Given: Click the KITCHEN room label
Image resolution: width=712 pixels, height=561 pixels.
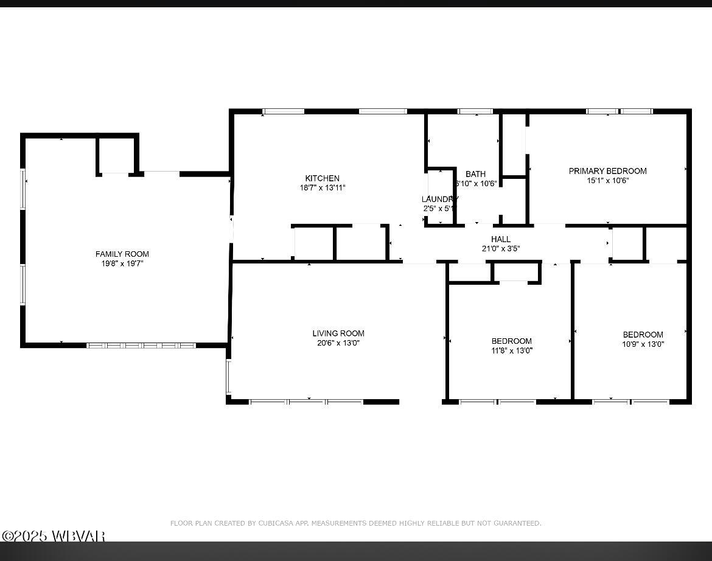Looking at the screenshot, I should click(323, 178).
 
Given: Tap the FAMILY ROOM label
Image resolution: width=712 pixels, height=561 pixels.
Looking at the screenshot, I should click(122, 254).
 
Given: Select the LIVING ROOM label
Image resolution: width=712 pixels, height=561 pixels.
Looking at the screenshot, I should click(338, 333).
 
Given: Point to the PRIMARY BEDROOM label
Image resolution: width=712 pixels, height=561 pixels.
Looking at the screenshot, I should click(607, 171).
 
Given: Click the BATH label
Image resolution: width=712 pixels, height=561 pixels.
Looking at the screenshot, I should click(476, 174).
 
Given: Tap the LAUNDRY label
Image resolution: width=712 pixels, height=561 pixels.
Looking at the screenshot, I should click(439, 199).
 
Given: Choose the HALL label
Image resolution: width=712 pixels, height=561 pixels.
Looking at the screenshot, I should click(501, 239).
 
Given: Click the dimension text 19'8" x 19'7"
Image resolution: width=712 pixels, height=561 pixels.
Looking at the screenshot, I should click(122, 263).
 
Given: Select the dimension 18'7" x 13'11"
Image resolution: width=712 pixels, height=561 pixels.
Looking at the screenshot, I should click(323, 188).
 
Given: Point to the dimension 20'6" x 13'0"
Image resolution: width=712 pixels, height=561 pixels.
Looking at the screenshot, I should click(338, 343).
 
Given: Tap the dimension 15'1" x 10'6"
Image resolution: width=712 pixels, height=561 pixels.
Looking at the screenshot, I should click(607, 180).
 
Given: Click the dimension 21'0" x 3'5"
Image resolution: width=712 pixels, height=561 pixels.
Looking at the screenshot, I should click(501, 248).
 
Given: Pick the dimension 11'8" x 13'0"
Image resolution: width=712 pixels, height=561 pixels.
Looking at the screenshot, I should click(512, 350).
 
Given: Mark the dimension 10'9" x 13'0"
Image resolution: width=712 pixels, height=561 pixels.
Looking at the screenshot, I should click(643, 344).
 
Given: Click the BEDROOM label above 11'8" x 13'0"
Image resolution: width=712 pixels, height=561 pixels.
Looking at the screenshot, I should click(512, 341).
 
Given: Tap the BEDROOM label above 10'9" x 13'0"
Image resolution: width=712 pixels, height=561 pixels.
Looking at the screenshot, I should click(643, 335).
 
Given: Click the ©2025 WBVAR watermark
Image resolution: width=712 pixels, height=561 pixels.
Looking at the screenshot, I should click(54, 536).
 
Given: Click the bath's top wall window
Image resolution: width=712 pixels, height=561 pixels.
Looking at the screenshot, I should click(475, 111).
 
